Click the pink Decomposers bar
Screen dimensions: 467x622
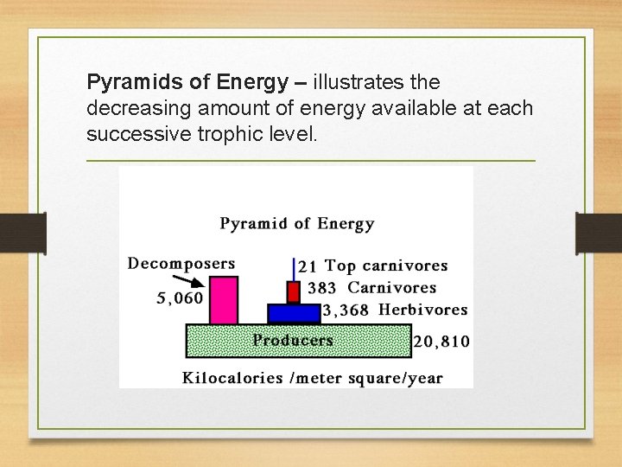click(223, 300)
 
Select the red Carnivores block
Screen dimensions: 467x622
click(293, 291)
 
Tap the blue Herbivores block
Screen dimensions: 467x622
click(294, 313)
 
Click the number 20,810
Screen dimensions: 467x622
click(441, 342)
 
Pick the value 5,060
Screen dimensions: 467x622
click(180, 298)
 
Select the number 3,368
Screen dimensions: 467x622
click(346, 310)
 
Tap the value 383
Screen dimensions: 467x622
click(321, 288)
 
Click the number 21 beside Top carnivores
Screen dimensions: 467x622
click(308, 266)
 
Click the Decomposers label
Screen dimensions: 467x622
click(181, 263)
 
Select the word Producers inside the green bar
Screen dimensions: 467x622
click(293, 340)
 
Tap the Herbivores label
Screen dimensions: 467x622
click(423, 310)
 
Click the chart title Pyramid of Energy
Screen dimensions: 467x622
click(296, 224)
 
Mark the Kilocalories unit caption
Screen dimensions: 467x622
click(312, 377)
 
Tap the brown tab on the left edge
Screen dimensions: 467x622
click(22, 233)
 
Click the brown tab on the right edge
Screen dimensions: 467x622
click(599, 233)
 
